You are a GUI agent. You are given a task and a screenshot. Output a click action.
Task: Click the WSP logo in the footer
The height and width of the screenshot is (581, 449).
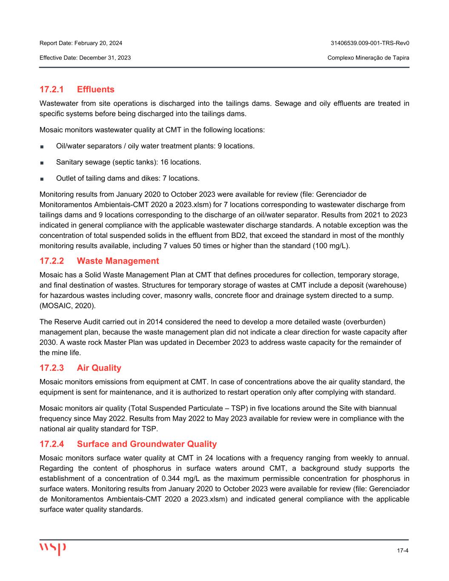pyautogui.click(x=53, y=548)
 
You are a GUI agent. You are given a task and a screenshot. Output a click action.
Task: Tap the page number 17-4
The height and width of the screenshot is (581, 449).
pyautogui.click(x=403, y=551)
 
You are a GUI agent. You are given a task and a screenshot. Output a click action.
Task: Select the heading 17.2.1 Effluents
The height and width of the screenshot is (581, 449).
pyautogui.click(x=77, y=89)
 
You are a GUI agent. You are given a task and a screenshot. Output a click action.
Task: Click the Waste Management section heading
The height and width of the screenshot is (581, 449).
pyautogui.click(x=118, y=261)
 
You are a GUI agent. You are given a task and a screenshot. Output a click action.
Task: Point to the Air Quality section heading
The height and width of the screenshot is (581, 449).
pyautogui.click(x=99, y=368)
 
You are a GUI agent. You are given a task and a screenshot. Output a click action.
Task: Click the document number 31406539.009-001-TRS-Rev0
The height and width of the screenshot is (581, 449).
pyautogui.click(x=370, y=43)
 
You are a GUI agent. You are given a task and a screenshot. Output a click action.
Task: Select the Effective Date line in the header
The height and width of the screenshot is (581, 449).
pyautogui.click(x=85, y=57)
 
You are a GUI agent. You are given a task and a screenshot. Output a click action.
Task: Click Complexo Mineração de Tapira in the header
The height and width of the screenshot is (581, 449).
pyautogui.click(x=369, y=57)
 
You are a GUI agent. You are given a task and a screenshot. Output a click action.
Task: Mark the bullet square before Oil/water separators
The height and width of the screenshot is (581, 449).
pyautogui.click(x=42, y=146)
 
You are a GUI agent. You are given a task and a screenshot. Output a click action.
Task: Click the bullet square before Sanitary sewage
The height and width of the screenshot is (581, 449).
pyautogui.click(x=42, y=163)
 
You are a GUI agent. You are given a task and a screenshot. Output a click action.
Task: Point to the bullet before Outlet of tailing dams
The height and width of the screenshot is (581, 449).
pyautogui.click(x=42, y=179)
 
